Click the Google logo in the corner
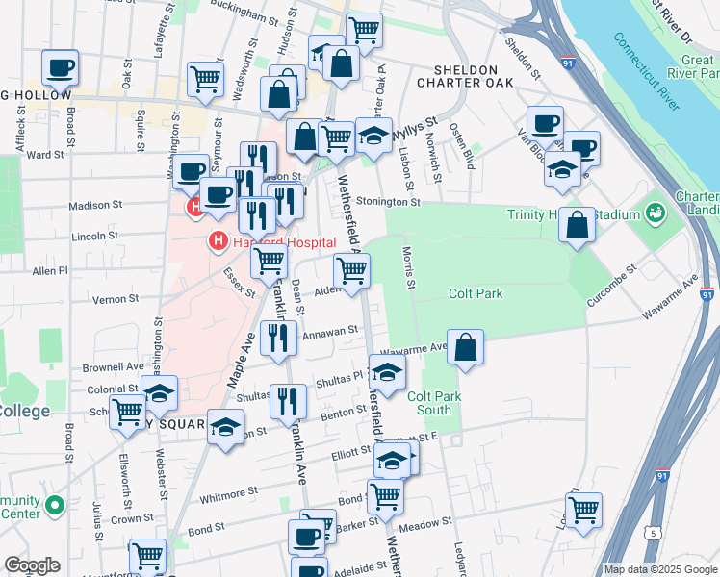pos(32,565)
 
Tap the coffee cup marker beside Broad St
pos(60,68)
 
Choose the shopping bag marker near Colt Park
pos(465,348)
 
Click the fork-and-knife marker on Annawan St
pos(278,338)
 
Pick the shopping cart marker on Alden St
pos(352,273)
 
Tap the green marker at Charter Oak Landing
pos(656,211)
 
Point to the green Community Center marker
pos(55,504)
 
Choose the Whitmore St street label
pos(226,495)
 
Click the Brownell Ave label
pos(113,367)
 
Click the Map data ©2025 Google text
pos(660,569)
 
